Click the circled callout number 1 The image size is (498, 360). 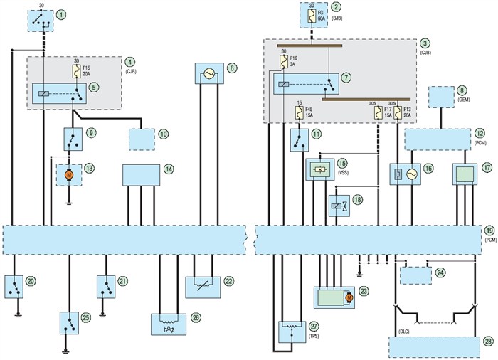[63, 14]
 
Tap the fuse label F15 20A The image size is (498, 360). [88, 73]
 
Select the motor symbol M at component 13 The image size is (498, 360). [69, 174]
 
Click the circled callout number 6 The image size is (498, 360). [232, 69]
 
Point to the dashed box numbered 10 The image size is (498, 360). [143, 139]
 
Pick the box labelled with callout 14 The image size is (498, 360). [141, 174]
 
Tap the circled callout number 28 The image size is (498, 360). [488, 342]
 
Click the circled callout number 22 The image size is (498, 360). [228, 280]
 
